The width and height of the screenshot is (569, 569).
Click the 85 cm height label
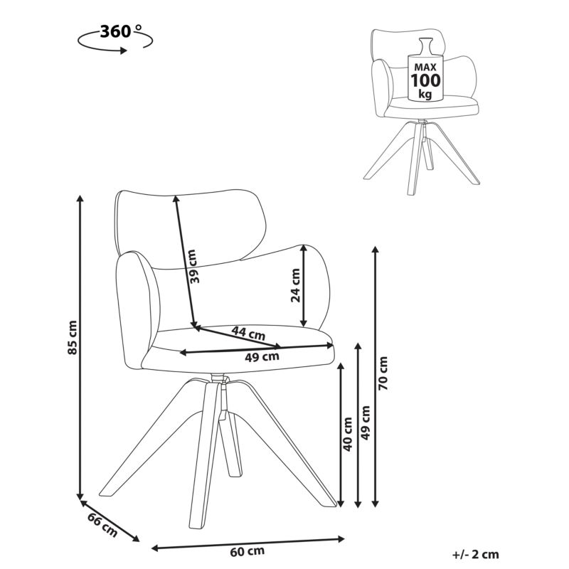coord(73,337)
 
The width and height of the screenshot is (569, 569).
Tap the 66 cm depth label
coord(102,526)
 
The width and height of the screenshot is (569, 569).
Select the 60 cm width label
coord(247,552)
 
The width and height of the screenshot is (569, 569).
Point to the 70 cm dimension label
coord(383,373)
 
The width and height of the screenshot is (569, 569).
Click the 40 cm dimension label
coord(348,435)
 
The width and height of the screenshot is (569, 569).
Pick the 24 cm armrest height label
coord(296,285)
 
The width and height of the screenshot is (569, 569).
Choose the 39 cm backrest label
coord(193,266)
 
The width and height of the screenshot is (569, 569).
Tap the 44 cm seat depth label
coord(249,333)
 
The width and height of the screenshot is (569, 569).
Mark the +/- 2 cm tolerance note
coord(476,555)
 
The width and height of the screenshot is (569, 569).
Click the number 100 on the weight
coord(425,80)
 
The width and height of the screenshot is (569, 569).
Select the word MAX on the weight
coord(425,67)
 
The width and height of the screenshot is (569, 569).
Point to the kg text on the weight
coord(425,94)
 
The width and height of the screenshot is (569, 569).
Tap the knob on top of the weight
coord(425,46)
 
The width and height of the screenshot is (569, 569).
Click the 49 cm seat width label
coord(262,357)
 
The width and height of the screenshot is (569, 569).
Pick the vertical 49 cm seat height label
coord(366,422)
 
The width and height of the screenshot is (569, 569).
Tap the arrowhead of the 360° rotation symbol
coord(123,50)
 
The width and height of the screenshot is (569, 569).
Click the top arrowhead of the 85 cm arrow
coord(80,198)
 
